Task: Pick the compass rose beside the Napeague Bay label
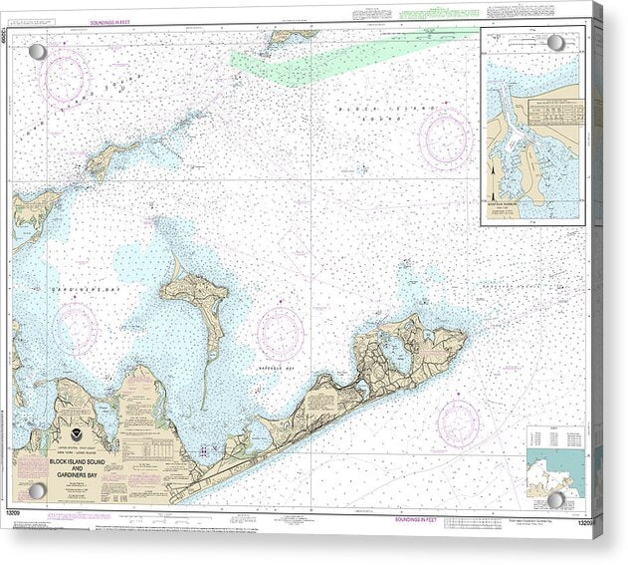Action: (280, 332)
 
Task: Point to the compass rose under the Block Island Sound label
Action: (444, 138)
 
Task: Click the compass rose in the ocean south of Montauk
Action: (457, 424)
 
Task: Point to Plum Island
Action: (112, 158)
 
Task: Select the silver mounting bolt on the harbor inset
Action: (555, 44)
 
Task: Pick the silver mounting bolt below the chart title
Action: (38, 490)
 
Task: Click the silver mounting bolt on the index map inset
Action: (555, 498)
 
